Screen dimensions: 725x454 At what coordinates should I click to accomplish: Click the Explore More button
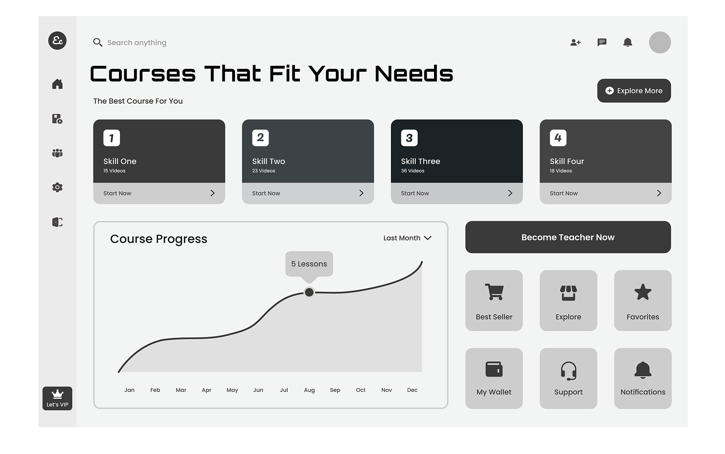point(634,91)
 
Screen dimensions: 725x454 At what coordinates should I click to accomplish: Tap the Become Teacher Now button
point(568,237)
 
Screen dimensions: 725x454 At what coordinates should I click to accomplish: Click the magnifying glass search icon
point(98,42)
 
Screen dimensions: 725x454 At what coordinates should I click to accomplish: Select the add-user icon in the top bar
point(576,42)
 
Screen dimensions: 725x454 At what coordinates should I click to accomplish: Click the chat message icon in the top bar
point(602,42)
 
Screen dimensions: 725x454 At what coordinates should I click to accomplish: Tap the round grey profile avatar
point(660,42)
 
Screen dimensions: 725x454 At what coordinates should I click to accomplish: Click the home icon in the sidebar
point(57,84)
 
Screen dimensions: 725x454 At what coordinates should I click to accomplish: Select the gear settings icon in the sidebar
point(57,187)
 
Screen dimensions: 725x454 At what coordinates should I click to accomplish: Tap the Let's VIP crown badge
point(57,398)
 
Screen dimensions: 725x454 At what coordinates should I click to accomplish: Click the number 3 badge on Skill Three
point(409,138)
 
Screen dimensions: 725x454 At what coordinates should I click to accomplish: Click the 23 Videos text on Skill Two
point(263,171)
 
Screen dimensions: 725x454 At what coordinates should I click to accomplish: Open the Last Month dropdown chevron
point(428,238)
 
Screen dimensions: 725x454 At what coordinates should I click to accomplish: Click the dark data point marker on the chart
point(309,292)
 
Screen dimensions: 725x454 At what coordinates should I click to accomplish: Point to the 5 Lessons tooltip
point(309,264)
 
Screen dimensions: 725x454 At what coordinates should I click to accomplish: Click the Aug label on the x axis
point(309,390)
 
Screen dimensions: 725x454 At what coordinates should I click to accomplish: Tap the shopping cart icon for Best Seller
point(494,292)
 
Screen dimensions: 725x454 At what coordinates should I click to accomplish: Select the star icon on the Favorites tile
point(643,292)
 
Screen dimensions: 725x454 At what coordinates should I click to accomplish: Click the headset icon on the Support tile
point(568,370)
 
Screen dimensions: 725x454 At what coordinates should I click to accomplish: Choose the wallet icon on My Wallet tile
point(494,369)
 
